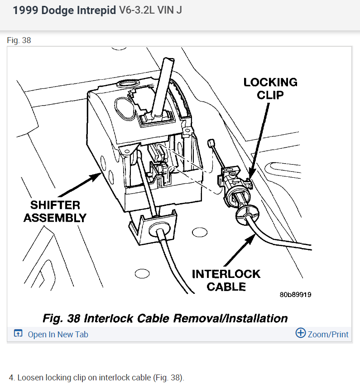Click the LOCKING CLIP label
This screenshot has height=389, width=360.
tap(270, 88)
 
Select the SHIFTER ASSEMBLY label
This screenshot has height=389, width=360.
tap(55, 211)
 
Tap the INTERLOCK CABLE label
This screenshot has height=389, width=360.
tap(226, 280)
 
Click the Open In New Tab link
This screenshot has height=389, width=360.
tap(58, 335)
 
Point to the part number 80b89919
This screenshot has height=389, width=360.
tap(295, 295)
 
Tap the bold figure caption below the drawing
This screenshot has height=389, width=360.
tap(165, 318)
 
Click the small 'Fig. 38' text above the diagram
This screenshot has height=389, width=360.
tap(19, 40)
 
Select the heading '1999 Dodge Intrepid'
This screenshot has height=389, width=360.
tap(64, 10)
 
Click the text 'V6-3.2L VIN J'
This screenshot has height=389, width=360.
tap(150, 10)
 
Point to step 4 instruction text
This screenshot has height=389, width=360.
tap(96, 378)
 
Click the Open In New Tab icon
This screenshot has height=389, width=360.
tap(18, 334)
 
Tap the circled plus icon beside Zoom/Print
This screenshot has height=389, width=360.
tap(300, 333)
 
